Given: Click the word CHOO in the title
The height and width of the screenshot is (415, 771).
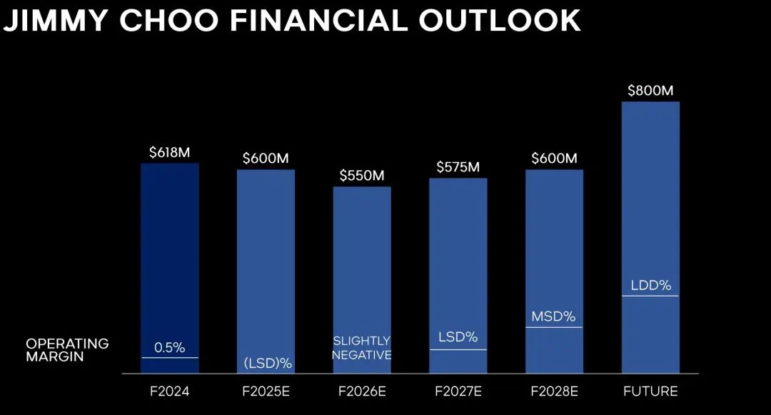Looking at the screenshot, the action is point(169,21).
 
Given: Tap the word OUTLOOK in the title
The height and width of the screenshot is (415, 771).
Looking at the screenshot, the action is point(500,21).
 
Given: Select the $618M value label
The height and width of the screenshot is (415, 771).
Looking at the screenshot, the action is point(170,152).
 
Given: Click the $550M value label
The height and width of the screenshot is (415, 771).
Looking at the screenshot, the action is point(362,176).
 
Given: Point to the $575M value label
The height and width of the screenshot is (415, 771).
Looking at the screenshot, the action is point(458,167).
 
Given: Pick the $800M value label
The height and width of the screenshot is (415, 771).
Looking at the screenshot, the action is point(650,91).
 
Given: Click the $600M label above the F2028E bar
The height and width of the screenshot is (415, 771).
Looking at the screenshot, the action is point(554,159).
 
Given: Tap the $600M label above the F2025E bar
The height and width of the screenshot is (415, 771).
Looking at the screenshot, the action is point(266,159).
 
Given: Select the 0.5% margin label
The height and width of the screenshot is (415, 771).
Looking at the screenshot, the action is point(170,348).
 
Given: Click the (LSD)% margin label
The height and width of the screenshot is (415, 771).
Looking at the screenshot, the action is point(268,364).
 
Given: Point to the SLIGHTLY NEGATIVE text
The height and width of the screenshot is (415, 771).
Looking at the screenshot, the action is point(362,348).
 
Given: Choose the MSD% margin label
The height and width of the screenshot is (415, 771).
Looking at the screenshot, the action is point(554,316).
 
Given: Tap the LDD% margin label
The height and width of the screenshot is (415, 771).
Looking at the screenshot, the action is point(651,285).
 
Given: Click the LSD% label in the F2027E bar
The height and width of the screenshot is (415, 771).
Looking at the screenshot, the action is point(458,337).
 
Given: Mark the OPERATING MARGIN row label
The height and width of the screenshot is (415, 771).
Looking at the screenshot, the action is point(67,350).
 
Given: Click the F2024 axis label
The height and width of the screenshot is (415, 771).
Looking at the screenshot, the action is point(170,391).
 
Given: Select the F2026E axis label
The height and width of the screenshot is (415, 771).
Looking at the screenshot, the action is point(362,391).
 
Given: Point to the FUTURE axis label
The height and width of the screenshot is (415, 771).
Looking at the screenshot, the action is point(650,391).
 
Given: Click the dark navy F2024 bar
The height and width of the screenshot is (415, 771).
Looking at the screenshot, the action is point(170,268).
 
